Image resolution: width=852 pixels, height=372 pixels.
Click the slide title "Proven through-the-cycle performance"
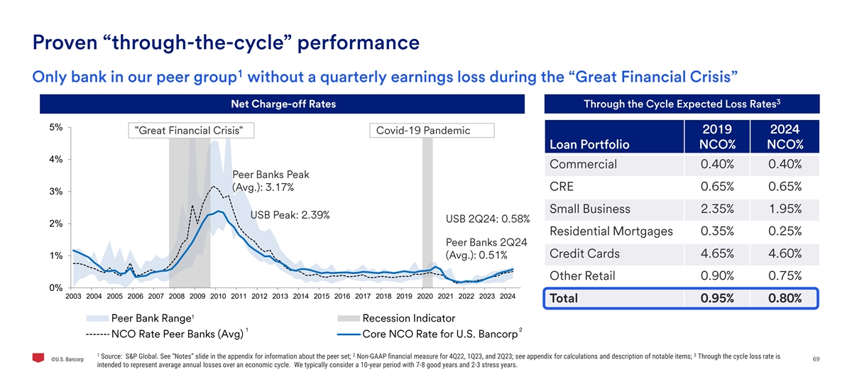tap(226, 43)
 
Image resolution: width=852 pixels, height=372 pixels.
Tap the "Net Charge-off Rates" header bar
tap(283, 104)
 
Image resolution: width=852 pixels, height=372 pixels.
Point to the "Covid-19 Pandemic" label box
tap(422, 131)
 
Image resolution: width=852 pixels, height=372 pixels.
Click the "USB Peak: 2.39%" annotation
tap(290, 215)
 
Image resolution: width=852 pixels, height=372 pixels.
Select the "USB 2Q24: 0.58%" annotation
tap(487, 218)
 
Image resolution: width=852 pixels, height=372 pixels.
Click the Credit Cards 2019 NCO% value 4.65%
tap(721, 253)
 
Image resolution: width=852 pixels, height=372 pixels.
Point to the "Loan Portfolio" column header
tap(589, 145)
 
